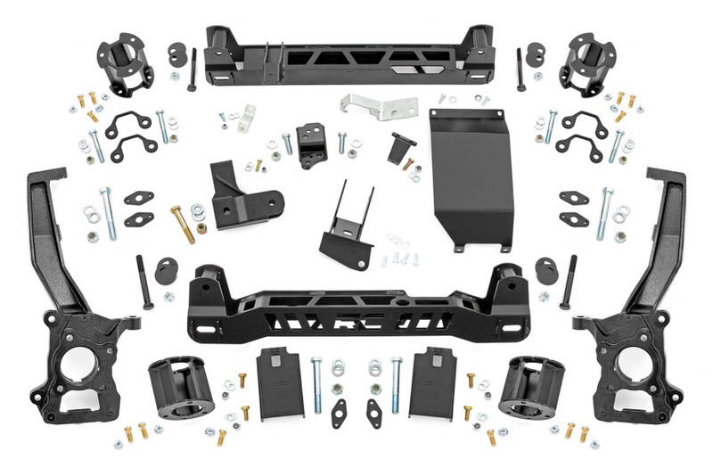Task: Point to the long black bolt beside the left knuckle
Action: pos(143,283)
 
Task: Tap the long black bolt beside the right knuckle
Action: pos(567,283)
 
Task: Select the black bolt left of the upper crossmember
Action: pos(192,70)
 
